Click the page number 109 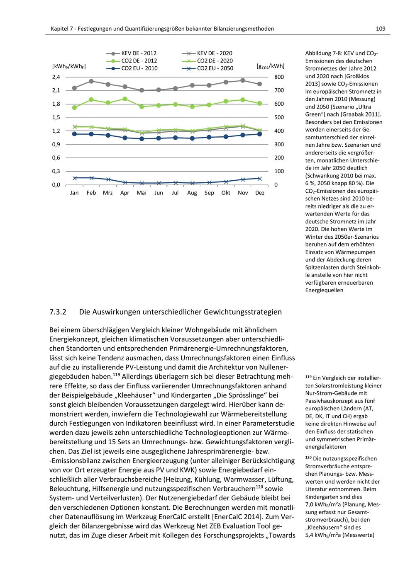click(380, 29)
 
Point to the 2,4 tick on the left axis click(56, 77)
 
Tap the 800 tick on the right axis click(279, 77)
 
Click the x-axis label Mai click(142, 193)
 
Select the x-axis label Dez click(260, 193)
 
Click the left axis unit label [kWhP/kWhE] click(69, 66)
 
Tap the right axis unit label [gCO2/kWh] click(271, 66)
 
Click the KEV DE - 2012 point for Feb click(91, 81)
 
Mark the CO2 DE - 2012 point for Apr click(125, 99)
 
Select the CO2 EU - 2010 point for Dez click(260, 134)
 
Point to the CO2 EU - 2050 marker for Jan click(75, 178)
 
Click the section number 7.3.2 click(58, 312)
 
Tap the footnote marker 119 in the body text click(116, 375)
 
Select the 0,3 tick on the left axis click(56, 171)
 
